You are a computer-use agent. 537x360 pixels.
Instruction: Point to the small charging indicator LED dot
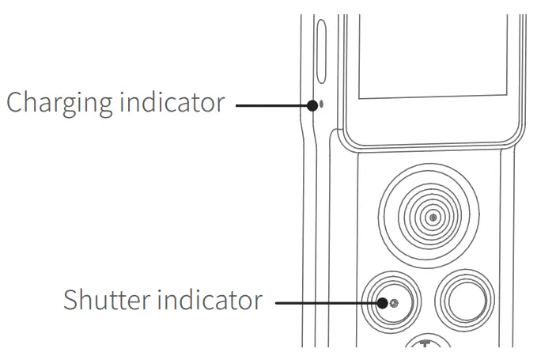click(318, 103)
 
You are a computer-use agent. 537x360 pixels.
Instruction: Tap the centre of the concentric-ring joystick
click(432, 216)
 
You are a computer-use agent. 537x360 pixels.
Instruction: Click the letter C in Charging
click(16, 103)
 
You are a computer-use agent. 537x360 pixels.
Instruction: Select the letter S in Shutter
click(70, 301)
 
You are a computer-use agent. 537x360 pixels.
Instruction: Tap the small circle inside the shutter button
click(393, 302)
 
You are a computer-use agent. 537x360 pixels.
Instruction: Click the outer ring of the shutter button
click(393, 273)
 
